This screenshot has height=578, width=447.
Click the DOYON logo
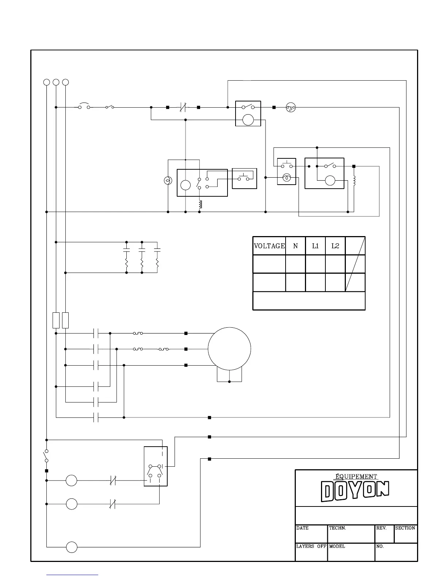coord(355,491)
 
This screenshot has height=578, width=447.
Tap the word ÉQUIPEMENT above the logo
coord(356,477)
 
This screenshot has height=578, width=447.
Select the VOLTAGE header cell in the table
coord(269,246)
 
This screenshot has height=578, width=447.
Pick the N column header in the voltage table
coord(295,246)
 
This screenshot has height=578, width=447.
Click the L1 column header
coord(315,246)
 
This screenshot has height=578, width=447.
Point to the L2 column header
coord(335,246)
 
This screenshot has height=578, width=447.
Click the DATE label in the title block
coord(302,528)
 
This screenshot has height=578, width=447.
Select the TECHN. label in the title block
coord(337,528)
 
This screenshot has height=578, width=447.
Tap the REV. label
coord(381,528)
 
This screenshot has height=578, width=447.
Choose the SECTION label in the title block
coord(405,528)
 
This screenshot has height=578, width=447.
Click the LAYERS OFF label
coord(311,546)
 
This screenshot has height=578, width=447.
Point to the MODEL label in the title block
coord(337,546)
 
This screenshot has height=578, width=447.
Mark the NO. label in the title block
coord(380,546)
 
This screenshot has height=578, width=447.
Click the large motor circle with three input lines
coord(229,349)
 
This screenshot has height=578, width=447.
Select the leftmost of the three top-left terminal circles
coord(47,82)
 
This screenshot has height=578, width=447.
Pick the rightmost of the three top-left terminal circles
coord(65,82)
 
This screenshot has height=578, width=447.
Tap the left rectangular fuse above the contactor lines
coord(56,320)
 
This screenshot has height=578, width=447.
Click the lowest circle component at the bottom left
coord(72,547)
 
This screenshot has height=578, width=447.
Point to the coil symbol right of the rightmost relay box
coord(354,181)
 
